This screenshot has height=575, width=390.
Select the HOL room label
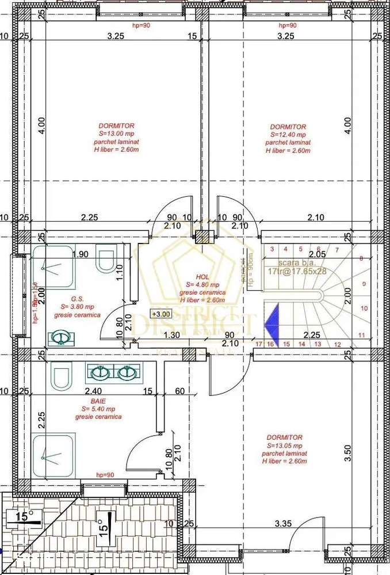[202, 276]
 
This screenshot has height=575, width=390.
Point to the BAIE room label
[98, 401]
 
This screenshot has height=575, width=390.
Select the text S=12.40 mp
[288, 135]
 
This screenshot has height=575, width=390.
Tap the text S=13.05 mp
[285, 445]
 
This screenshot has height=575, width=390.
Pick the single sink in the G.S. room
[59, 337]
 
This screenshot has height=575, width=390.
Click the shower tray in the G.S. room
[52, 267]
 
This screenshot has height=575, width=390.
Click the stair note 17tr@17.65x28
[296, 270]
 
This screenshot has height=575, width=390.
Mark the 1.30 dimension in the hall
[169, 335]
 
